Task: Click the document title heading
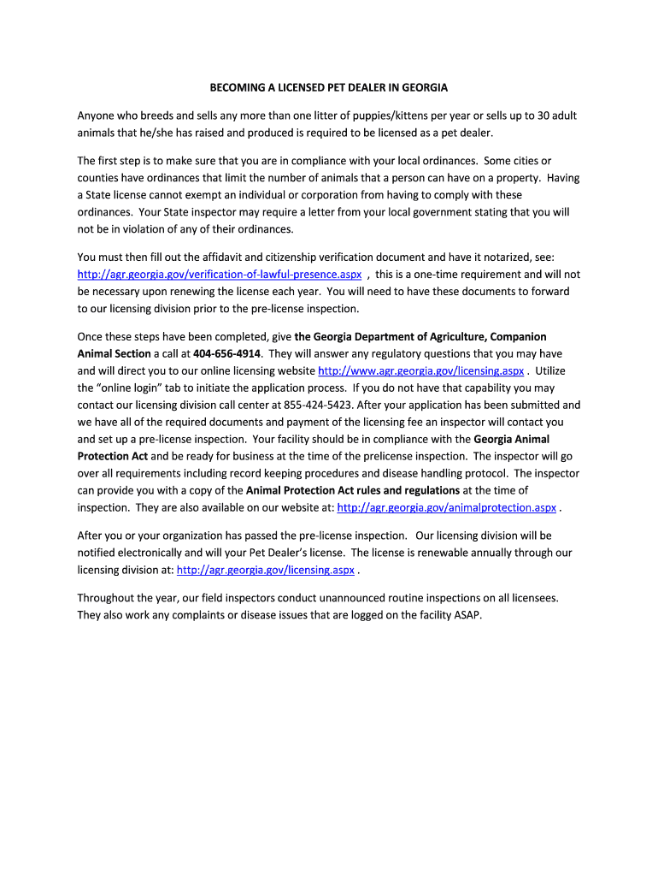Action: [329, 87]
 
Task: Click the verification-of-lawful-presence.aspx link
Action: [220, 275]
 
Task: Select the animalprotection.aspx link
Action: [447, 507]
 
